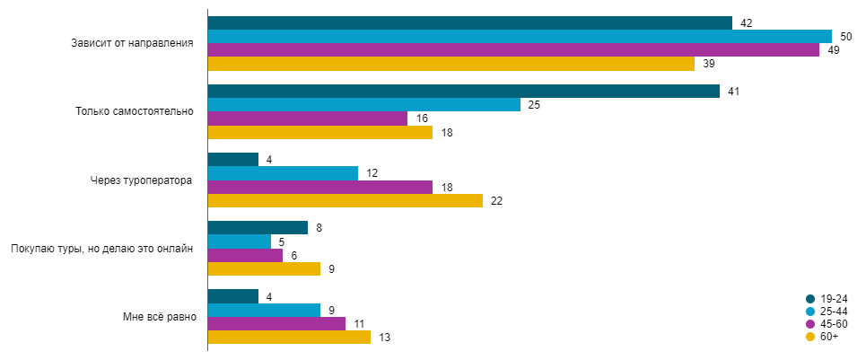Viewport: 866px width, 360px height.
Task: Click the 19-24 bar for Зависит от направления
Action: click(469, 22)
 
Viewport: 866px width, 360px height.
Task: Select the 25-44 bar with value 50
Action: click(520, 36)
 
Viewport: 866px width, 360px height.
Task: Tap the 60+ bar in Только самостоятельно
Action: click(320, 132)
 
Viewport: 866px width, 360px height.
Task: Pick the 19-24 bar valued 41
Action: click(463, 91)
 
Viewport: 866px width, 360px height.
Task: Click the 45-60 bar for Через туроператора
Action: click(320, 187)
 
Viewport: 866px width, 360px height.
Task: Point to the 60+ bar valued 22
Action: click(346, 200)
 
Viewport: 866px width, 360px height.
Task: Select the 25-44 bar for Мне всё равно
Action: click(264, 310)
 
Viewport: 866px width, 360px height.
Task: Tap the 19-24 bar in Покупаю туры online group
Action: click(258, 227)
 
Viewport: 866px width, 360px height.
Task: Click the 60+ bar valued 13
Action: click(289, 337)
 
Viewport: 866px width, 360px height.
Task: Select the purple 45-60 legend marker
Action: click(810, 324)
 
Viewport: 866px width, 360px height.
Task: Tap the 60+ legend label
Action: click(829, 337)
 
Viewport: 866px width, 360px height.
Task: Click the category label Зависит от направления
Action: click(133, 43)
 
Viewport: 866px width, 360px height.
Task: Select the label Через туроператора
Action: click(142, 180)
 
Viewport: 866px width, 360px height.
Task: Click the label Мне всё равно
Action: click(158, 316)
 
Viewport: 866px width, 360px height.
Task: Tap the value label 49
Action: click(833, 50)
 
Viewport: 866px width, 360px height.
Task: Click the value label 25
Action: click(533, 105)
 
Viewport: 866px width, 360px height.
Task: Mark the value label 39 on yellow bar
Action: click(708, 64)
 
